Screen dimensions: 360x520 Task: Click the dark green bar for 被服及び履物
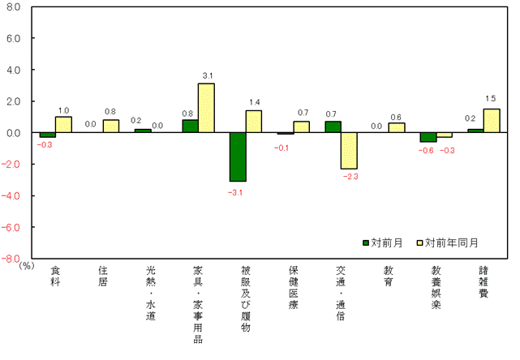(238, 156)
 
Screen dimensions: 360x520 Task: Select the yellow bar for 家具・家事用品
(206, 108)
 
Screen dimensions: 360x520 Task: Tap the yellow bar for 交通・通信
(350, 151)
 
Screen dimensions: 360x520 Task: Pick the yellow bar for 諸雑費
(492, 121)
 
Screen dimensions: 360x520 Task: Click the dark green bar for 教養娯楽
(428, 137)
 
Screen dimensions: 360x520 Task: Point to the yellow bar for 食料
(63, 125)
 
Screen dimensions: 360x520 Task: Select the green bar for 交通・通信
(333, 127)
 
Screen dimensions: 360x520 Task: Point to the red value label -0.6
(428, 150)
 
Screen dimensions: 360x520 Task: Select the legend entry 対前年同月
(447, 242)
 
